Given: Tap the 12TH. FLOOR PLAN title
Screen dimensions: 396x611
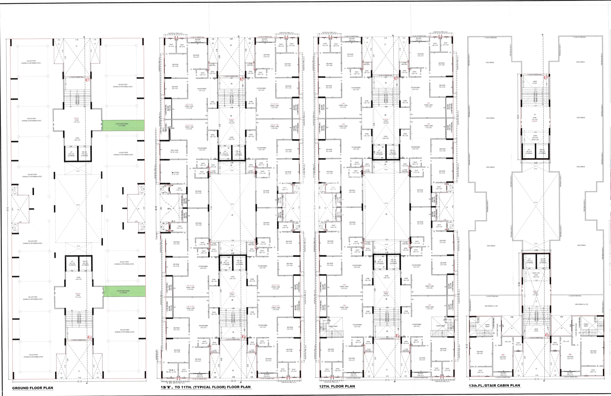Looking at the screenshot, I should pyautogui.click(x=337, y=386).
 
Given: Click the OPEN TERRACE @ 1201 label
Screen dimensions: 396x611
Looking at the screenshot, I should pyautogui.click(x=581, y=304).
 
